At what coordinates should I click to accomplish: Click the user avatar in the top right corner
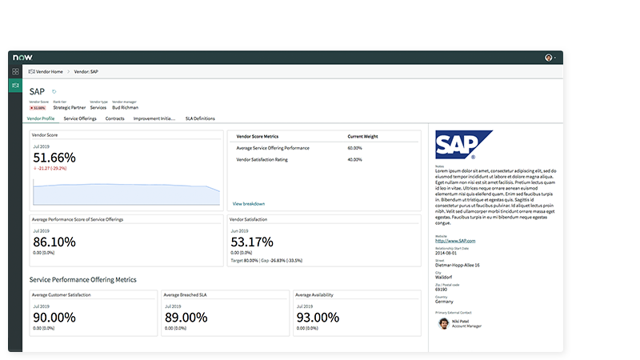pos(549,58)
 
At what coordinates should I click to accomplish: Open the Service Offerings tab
pos(80,118)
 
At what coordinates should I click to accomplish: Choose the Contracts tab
pos(114,118)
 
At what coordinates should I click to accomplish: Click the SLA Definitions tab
pos(200,118)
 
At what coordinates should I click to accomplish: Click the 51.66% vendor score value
pos(54,158)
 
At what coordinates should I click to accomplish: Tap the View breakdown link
pos(248,204)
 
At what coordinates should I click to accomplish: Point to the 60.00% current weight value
pos(354,148)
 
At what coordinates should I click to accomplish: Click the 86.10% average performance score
pos(54,242)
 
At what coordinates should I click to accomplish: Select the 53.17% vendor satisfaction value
pos(252,242)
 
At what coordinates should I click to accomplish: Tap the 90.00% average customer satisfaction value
pos(54,318)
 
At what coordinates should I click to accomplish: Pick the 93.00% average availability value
pos(318,318)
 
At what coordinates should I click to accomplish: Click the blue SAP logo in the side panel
pos(464,144)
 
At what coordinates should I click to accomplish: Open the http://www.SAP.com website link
pos(455,241)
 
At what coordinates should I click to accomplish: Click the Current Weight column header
pos(363,136)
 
